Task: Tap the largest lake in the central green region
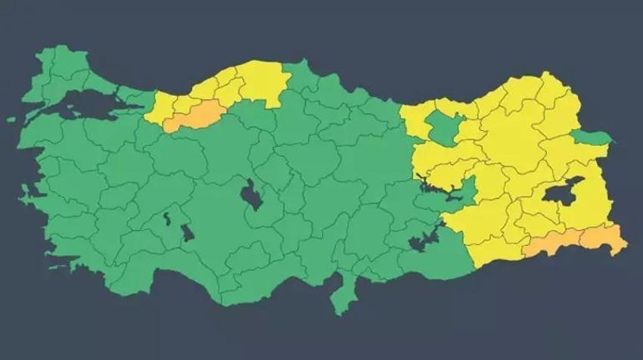click(249, 197)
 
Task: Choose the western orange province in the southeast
click(550, 245)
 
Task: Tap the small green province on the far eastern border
click(591, 137)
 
